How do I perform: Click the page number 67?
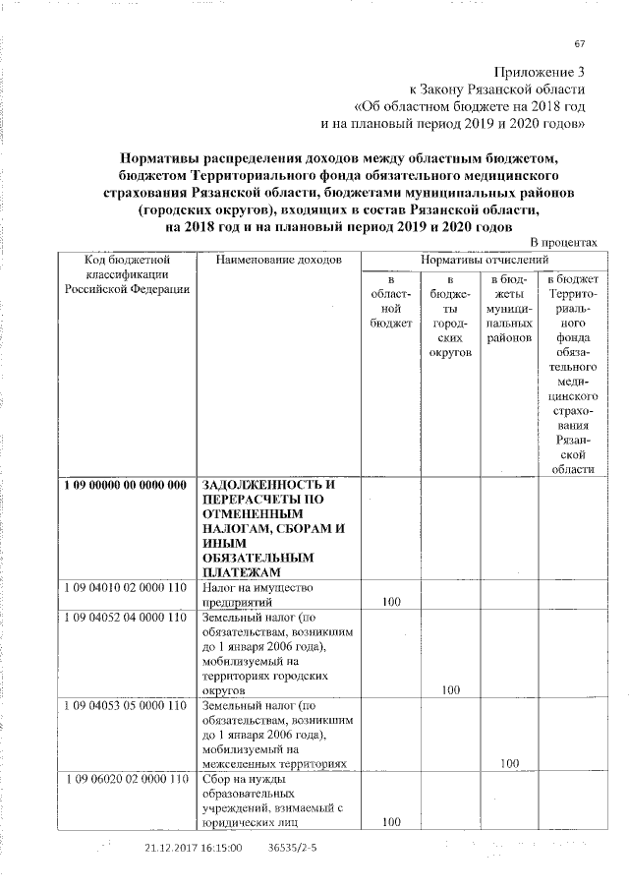coord(579,43)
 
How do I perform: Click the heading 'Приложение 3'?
coord(540,72)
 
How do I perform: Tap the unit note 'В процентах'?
coord(562,242)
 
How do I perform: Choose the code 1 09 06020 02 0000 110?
coord(127,779)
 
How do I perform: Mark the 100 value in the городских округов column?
coord(451,690)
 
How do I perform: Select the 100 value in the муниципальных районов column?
coord(509,763)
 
